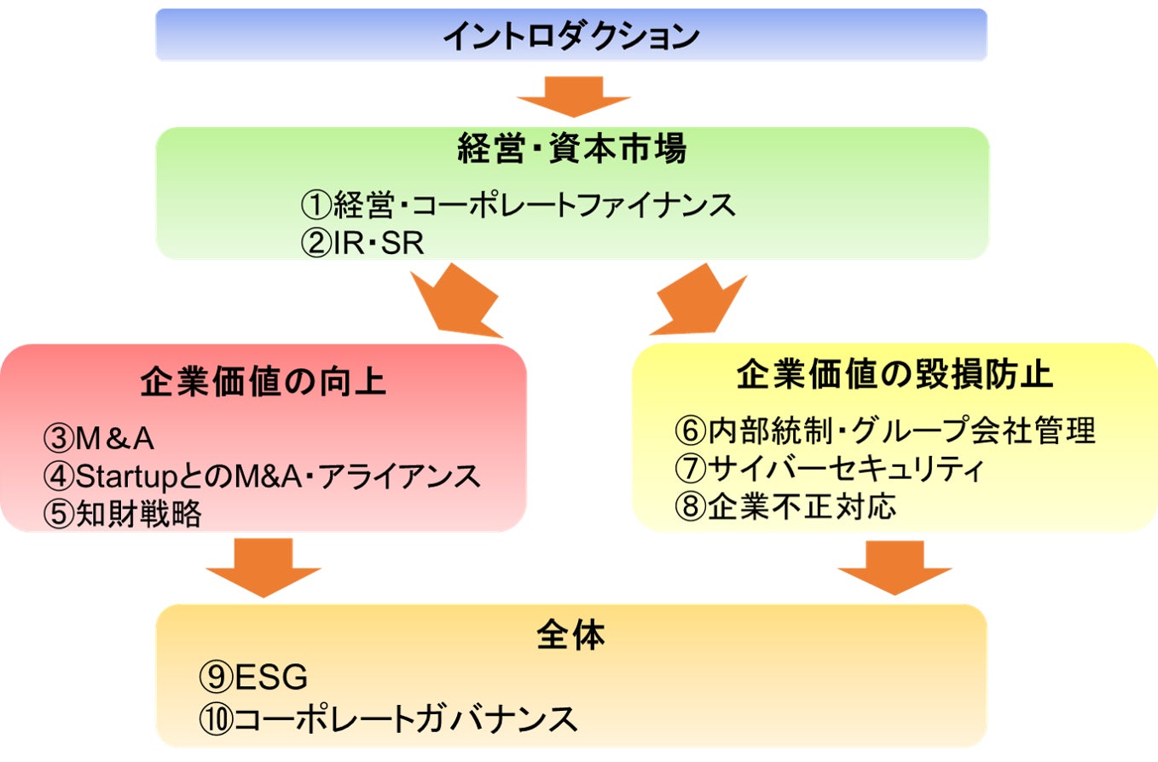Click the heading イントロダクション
(x=571, y=36)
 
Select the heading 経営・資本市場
(x=572, y=148)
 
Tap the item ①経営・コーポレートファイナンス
(x=518, y=205)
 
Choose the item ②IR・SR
(x=362, y=242)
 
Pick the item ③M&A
(x=99, y=438)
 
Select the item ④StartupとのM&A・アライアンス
(x=262, y=476)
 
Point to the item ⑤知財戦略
(x=123, y=513)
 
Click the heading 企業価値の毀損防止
(x=895, y=374)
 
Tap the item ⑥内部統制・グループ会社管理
(x=885, y=430)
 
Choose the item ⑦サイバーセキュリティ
(x=829, y=469)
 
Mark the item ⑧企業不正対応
(x=785, y=506)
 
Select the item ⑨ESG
(x=253, y=677)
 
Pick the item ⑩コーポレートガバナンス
(x=388, y=719)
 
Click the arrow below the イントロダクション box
(x=574, y=96)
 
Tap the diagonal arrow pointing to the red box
(x=456, y=301)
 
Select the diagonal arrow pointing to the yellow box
(x=698, y=300)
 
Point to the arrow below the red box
(x=263, y=567)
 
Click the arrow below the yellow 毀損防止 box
(x=895, y=567)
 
